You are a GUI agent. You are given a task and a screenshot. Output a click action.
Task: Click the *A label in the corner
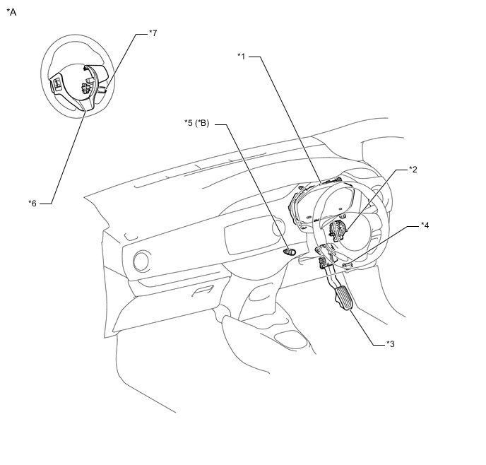point(11,12)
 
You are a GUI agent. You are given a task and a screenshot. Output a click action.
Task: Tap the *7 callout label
point(153,33)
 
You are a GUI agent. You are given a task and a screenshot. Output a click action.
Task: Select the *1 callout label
point(242,56)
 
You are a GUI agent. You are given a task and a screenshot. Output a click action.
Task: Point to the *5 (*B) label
point(197,123)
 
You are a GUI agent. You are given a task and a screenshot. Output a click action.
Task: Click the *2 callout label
point(413,170)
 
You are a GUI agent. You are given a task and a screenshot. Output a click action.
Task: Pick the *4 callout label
point(425,225)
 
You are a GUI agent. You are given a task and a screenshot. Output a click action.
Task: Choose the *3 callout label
point(391,343)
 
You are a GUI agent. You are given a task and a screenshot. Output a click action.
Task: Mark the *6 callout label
point(32,204)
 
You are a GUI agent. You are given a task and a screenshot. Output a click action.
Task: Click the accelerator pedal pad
point(343,298)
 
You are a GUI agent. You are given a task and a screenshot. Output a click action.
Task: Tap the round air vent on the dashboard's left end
point(141,261)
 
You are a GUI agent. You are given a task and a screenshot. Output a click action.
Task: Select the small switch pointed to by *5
point(289,252)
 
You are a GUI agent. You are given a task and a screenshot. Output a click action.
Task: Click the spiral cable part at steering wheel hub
point(337,231)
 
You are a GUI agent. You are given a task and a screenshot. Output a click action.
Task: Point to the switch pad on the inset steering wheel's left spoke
point(57,83)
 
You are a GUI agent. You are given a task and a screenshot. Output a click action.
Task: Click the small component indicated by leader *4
point(348,265)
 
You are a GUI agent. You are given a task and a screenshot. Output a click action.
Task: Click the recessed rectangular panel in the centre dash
point(248,235)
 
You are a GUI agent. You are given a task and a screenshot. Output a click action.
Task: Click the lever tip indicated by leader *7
point(102,90)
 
